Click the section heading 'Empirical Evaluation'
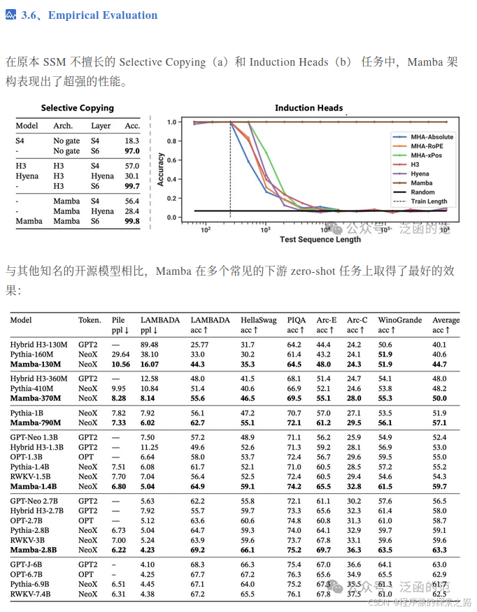[103, 15]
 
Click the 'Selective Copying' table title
[77, 108]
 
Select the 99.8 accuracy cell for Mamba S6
[131, 221]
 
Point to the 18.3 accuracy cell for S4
[131, 141]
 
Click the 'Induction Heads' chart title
[308, 108]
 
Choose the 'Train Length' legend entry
[429, 201]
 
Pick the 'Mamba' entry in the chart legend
[422, 183]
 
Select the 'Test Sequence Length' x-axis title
[320, 239]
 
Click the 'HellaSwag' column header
[257, 320]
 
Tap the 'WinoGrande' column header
[400, 320]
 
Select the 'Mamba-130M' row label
[38, 364]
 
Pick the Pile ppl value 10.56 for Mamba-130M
[121, 364]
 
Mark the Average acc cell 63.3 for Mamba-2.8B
[439, 550]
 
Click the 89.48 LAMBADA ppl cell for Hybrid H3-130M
[150, 345]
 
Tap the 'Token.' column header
[90, 320]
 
